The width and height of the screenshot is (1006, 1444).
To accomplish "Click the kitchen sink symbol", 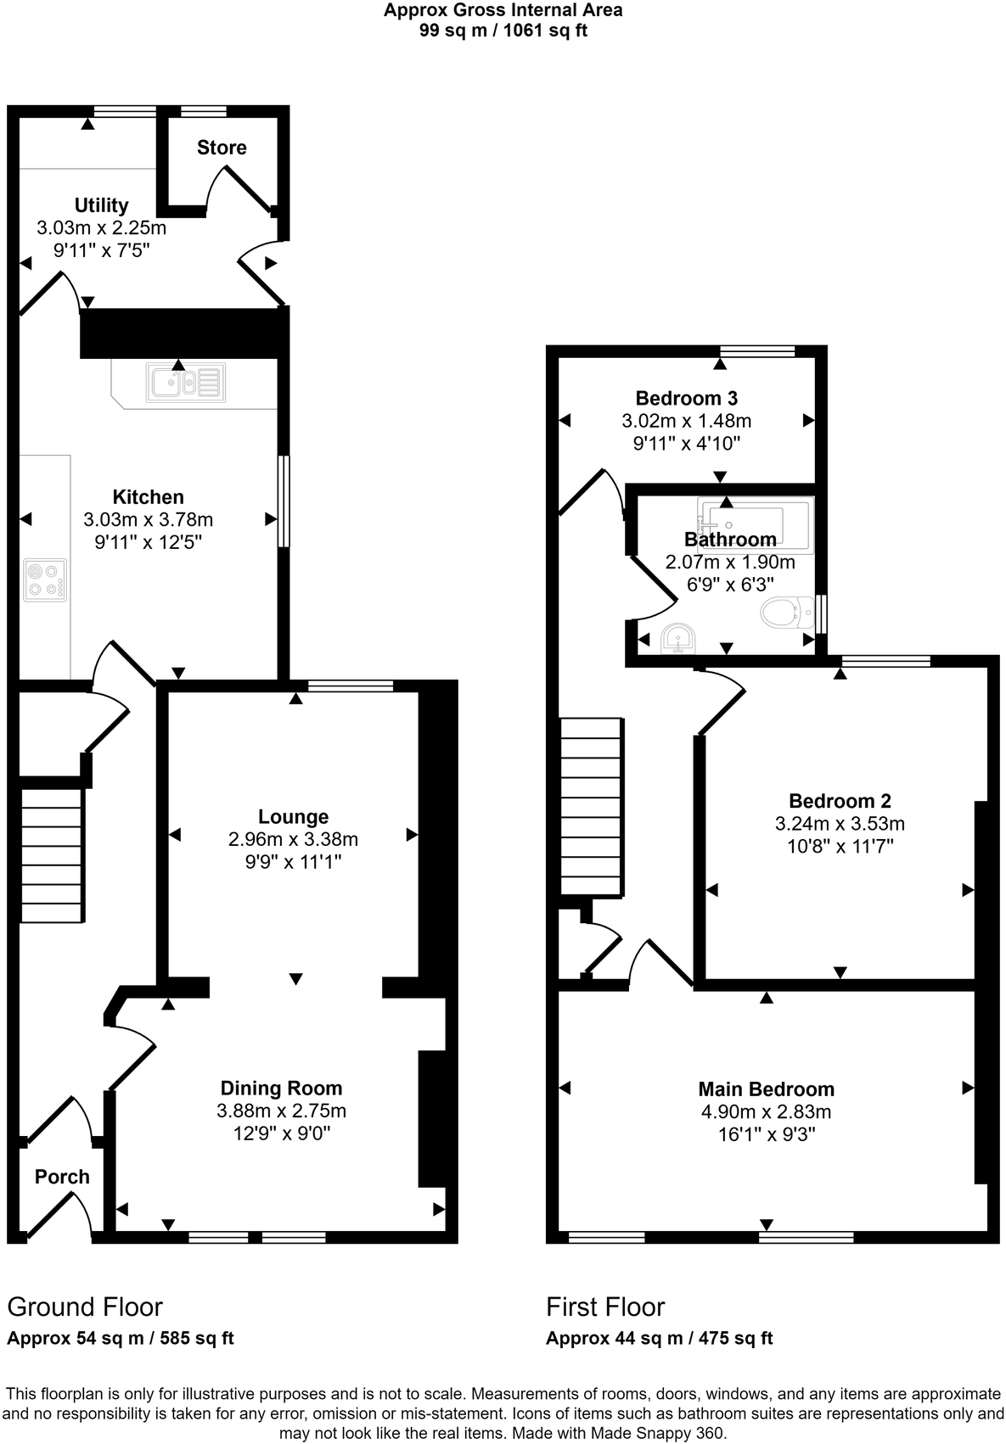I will coord(186,382).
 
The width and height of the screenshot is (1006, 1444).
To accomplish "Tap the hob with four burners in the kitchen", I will coord(45,580).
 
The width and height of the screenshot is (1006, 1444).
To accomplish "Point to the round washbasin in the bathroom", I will coord(677,639).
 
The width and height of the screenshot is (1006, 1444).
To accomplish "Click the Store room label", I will coord(222,148).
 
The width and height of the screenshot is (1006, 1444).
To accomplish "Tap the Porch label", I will coord(62,1177).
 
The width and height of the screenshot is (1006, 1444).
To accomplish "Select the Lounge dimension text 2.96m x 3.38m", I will coord(293,839).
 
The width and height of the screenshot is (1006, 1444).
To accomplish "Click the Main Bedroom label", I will coord(766,1089).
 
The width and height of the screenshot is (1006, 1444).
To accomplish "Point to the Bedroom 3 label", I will coord(686,398).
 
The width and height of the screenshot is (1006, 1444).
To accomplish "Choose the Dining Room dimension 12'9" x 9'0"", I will coord(281,1133).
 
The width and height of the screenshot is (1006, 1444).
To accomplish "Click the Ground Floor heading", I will coord(85,1307).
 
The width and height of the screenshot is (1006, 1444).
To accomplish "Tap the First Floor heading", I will coord(605,1307).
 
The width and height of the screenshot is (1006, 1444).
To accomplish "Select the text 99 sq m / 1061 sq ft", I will coord(503,31).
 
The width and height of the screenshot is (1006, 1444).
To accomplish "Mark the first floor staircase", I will coord(592,806).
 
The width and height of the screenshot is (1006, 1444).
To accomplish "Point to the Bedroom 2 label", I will coord(839,800).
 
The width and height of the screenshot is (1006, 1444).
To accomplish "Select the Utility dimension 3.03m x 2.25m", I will coord(101,227).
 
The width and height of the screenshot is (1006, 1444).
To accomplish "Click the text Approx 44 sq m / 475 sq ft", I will coord(659,1339).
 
